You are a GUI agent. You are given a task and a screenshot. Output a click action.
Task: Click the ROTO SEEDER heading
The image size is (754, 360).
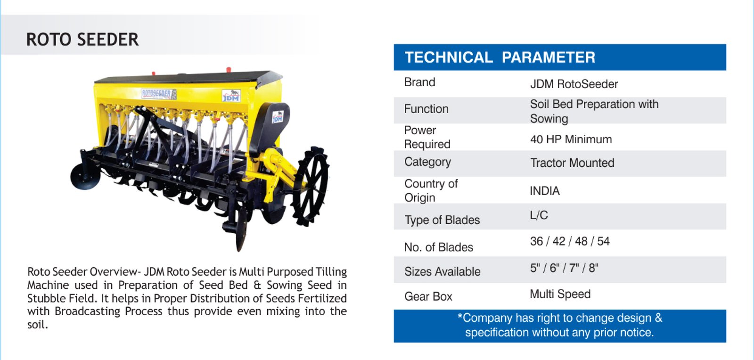tap(82, 40)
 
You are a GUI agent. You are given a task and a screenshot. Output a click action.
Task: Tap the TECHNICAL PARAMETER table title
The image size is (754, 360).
tap(500, 57)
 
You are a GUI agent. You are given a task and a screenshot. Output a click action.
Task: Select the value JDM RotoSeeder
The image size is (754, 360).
tap(574, 84)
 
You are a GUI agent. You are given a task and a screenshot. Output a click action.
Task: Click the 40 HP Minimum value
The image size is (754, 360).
tap(571, 139)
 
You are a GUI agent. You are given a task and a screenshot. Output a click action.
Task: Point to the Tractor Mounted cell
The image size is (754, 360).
tap(572, 163)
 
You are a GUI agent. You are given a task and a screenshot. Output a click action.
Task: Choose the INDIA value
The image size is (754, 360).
tap(545, 191)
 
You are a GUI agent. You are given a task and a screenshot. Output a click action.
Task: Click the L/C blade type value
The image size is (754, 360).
tap(539, 215)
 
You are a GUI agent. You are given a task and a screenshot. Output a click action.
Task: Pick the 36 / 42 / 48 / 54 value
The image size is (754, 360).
tap(570, 241)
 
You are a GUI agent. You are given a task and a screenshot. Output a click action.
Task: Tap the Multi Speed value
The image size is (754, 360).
tap(560, 294)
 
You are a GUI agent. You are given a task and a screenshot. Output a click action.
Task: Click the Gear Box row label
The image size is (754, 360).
tap(428, 296)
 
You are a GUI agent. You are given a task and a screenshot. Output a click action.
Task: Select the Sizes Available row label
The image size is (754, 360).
tap(443, 271)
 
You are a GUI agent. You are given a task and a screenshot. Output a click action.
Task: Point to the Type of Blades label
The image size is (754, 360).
tap(442, 220)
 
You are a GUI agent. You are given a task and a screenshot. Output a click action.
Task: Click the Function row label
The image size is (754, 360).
tap(426, 109)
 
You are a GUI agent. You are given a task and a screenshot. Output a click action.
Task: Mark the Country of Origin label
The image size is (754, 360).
tap(431, 190)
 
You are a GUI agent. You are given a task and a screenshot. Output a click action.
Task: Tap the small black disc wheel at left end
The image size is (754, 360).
tap(85, 176)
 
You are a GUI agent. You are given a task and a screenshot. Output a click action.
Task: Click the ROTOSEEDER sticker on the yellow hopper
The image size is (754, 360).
tap(158, 94)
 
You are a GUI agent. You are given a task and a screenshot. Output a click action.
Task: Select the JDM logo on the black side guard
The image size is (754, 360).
tap(278, 117)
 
